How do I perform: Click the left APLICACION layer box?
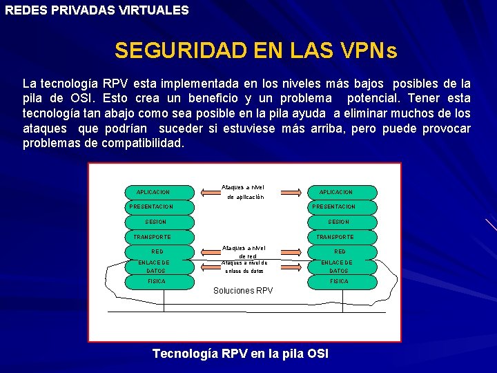tap(153, 192)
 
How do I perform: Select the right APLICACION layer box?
tap(336, 192)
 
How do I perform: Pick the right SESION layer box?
tap(338, 222)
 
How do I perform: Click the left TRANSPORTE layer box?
tap(153, 237)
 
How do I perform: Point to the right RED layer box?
tap(340, 252)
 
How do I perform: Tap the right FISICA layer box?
tap(339, 282)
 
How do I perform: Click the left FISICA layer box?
tap(156, 282)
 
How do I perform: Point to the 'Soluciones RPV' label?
tap(243, 291)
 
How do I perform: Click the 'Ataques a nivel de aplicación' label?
tap(243, 192)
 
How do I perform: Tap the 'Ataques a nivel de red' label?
tap(243, 251)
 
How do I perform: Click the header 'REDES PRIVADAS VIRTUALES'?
tap(97, 10)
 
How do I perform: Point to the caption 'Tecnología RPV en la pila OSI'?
tap(240, 354)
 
